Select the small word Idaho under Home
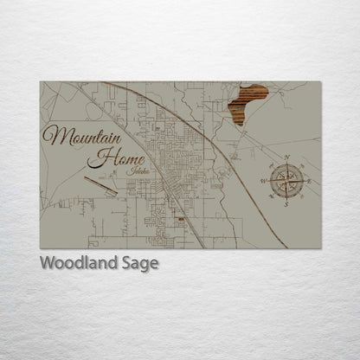click(x=136, y=170)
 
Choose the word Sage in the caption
click(x=141, y=263)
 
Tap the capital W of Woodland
click(x=48, y=262)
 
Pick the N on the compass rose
click(x=286, y=157)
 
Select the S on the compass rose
click(x=286, y=205)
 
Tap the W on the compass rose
click(x=262, y=181)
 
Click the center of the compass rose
click(x=286, y=181)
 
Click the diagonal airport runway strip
click(x=100, y=184)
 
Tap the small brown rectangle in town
click(x=181, y=220)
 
